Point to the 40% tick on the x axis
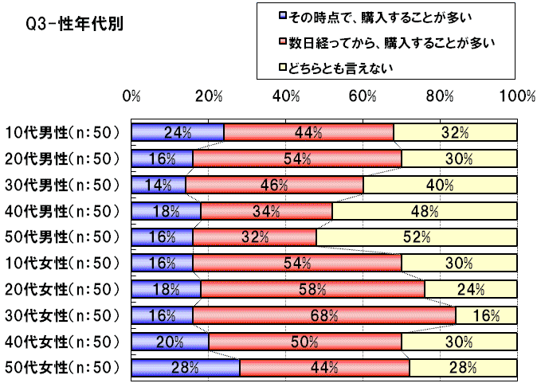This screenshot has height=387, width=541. click(x=286, y=96)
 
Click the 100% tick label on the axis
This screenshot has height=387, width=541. click(x=517, y=96)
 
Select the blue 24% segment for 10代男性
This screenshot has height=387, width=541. click(x=178, y=132)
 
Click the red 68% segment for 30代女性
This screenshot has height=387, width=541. click(x=323, y=315)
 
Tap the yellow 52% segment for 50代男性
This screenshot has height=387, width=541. click(x=416, y=237)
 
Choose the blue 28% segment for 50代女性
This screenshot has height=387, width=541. click(x=185, y=368)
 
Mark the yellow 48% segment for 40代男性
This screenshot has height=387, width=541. click(x=424, y=211)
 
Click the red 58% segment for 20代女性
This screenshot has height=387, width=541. click(x=312, y=289)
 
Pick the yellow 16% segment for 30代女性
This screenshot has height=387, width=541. click(x=486, y=315)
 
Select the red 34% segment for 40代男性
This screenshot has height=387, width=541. click(x=266, y=211)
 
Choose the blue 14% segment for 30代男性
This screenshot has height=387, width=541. click(x=159, y=185)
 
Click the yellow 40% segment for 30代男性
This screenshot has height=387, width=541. click(x=440, y=185)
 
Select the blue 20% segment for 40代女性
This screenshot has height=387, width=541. click(x=170, y=342)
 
